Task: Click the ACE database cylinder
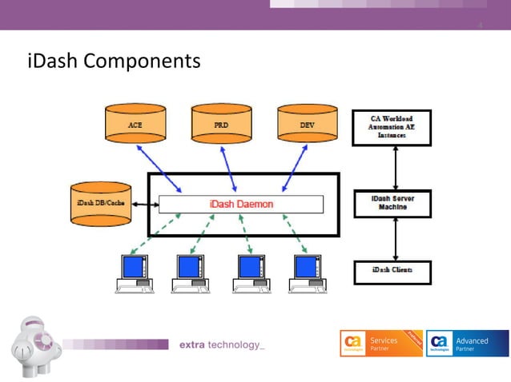[135, 125]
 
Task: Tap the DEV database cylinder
[308, 125]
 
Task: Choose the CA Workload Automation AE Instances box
[392, 127]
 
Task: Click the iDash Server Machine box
[392, 203]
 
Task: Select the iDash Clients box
[392, 271]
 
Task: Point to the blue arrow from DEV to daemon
[293, 170]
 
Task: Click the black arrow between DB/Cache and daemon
[144, 205]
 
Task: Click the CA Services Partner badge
[380, 343]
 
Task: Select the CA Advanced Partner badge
[467, 343]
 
